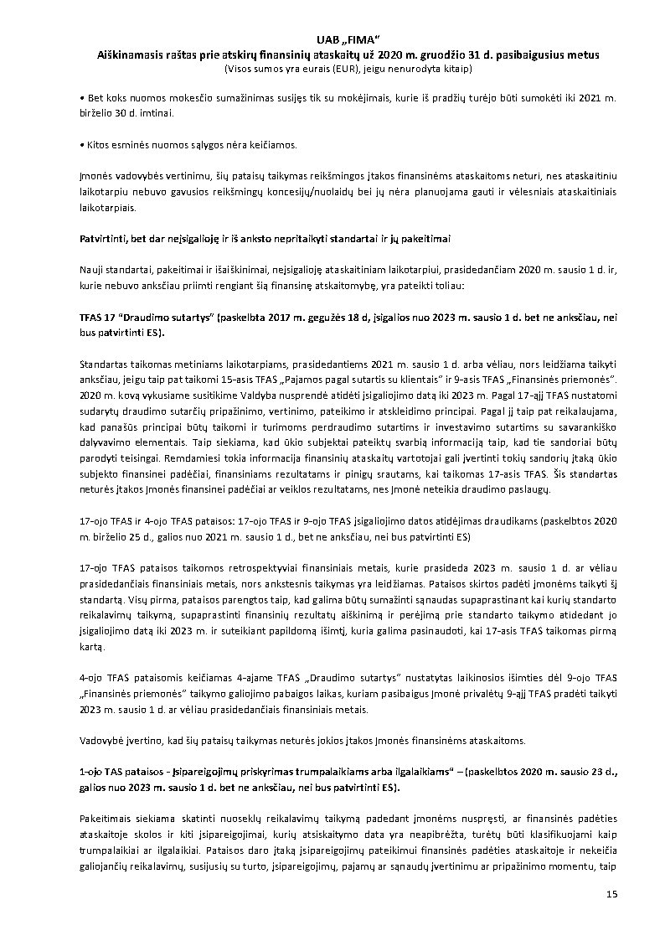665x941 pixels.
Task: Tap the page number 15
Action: [x=611, y=895]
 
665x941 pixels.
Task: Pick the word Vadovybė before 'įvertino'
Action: [x=101, y=740]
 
